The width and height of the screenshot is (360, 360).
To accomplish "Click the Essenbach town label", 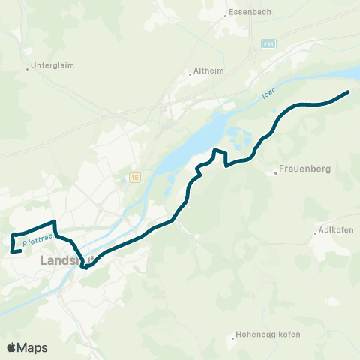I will [247, 13].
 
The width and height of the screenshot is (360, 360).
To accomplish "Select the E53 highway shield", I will [268, 45].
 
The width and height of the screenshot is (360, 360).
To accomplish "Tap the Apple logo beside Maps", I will [12, 347].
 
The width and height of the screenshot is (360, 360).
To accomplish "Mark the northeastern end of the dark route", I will [349, 92].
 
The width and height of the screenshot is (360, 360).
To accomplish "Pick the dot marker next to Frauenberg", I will [276, 173].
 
